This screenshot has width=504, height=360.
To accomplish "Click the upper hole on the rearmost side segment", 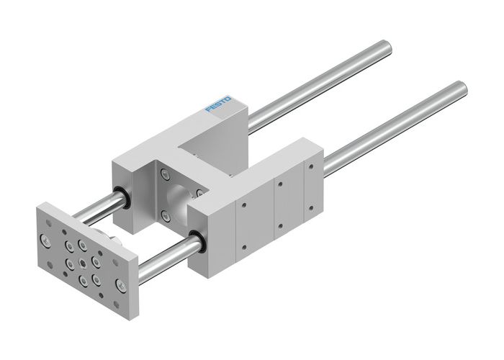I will coord(311,168).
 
